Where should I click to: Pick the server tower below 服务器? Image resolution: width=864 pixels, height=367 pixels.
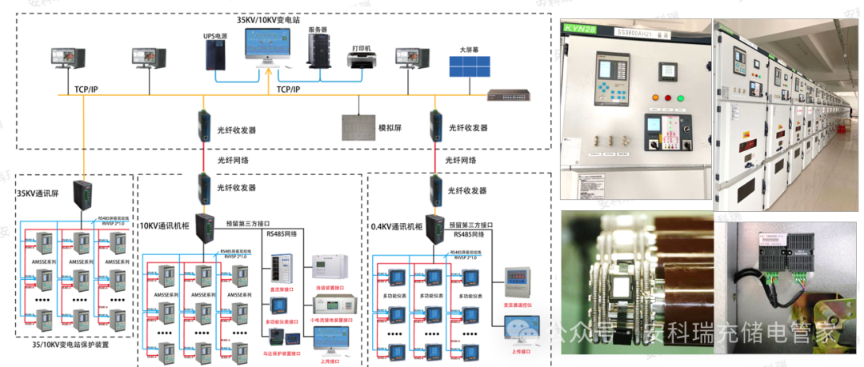[x=318, y=51]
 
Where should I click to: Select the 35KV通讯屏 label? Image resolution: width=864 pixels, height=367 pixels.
[x=38, y=193]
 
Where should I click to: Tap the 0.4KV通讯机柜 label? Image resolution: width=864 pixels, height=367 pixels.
[x=397, y=226]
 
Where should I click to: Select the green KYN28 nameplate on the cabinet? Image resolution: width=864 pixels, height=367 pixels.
[x=582, y=30]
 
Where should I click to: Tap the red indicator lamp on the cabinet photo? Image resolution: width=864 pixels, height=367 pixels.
[x=655, y=98]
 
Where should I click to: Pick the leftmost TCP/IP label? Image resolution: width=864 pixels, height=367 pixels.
[x=86, y=89]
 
